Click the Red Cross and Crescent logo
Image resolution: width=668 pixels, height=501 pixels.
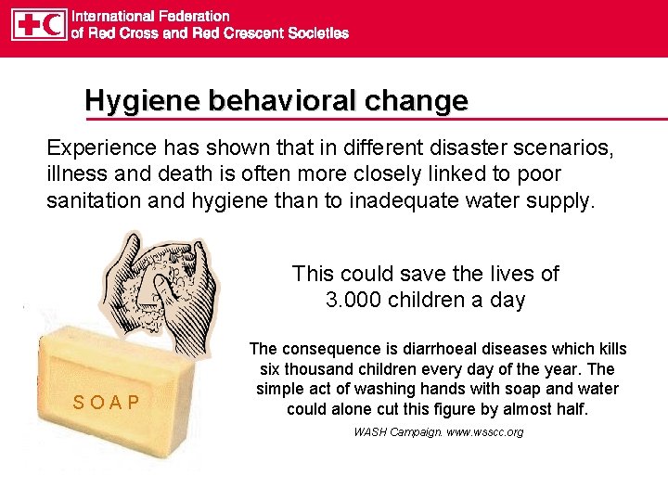[x=39, y=24]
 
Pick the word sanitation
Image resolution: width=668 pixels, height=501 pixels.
[x=93, y=199]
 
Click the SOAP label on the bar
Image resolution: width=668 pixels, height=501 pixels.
[x=107, y=402]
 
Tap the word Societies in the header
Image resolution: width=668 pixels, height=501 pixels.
[x=315, y=32]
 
